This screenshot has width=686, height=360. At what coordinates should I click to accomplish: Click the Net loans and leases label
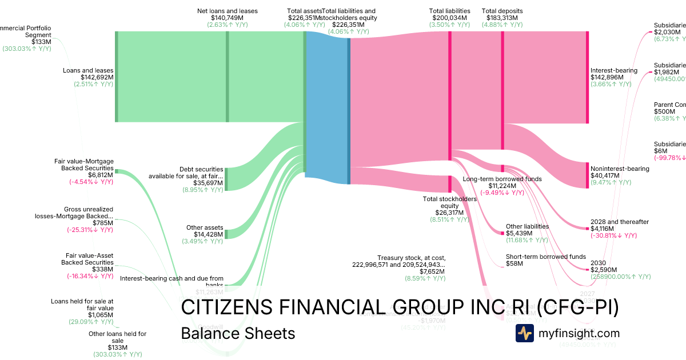(x=228, y=11)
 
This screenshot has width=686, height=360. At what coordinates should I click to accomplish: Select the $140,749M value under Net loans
(x=228, y=18)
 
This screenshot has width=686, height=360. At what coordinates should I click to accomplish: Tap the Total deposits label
(x=502, y=11)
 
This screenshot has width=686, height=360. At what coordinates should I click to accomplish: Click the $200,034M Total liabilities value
(x=449, y=18)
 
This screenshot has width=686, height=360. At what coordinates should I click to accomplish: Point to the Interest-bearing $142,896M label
(x=613, y=70)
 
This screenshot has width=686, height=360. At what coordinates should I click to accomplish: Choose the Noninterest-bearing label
(x=620, y=169)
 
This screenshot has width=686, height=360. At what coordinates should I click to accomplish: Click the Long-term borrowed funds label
(x=502, y=179)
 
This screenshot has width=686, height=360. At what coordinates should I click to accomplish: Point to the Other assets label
(x=205, y=227)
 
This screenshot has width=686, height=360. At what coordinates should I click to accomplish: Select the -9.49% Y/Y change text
(x=502, y=193)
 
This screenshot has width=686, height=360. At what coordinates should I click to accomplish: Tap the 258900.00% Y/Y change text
(x=620, y=277)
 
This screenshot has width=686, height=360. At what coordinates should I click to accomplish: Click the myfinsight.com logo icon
(x=524, y=333)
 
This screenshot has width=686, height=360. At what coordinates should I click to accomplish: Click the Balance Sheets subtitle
(x=238, y=333)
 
